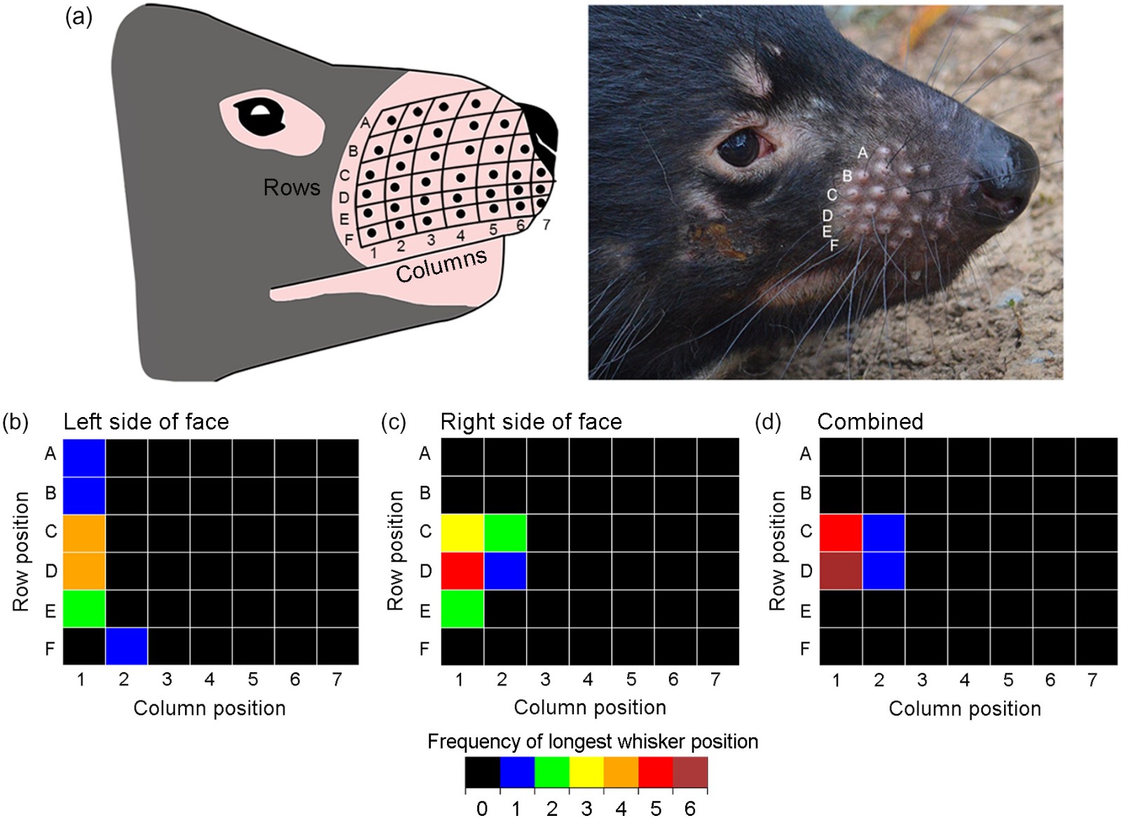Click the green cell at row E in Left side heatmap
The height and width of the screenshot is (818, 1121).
click(84, 608)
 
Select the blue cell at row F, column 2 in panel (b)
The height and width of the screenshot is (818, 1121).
click(127, 646)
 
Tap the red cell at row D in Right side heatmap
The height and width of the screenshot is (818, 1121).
click(462, 571)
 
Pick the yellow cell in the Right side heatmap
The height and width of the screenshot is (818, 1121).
click(462, 533)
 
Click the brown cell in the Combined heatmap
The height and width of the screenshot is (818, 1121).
click(840, 571)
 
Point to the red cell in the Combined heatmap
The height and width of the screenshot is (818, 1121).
click(840, 533)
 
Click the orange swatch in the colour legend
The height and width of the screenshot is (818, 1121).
click(621, 772)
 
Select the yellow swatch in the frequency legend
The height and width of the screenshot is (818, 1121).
click(586, 772)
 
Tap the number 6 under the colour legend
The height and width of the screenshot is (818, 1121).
click(690, 808)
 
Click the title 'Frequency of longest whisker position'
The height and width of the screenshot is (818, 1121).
click(593, 742)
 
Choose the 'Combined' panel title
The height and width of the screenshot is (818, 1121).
click(870, 421)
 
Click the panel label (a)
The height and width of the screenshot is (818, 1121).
click(78, 17)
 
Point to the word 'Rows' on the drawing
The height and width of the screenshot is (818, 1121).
click(291, 187)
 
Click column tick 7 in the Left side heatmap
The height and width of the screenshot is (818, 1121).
click(337, 679)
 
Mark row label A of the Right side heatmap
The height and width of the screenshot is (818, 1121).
click(425, 454)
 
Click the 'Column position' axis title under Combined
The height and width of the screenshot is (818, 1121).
click(965, 709)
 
